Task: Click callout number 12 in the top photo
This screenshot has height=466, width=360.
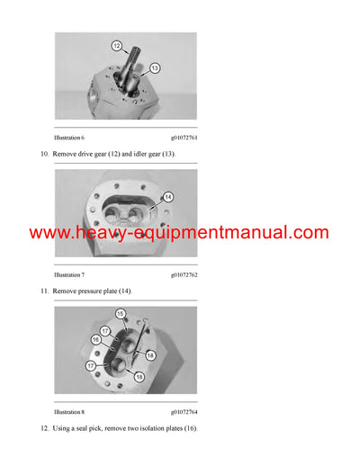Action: click(x=116, y=45)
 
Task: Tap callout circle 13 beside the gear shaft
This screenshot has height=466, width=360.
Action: click(x=154, y=68)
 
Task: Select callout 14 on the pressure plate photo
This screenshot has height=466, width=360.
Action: click(x=167, y=197)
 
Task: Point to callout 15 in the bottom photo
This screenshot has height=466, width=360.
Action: click(x=120, y=314)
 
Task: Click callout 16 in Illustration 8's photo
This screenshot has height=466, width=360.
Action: click(x=95, y=339)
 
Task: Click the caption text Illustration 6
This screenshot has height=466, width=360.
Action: click(x=69, y=138)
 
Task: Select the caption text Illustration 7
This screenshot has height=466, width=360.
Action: click(x=69, y=274)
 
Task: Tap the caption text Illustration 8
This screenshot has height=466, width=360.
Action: click(x=69, y=412)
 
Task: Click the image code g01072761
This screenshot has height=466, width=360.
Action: click(x=184, y=138)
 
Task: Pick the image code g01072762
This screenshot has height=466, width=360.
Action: click(x=184, y=274)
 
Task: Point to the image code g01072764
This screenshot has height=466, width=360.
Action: click(x=184, y=412)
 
